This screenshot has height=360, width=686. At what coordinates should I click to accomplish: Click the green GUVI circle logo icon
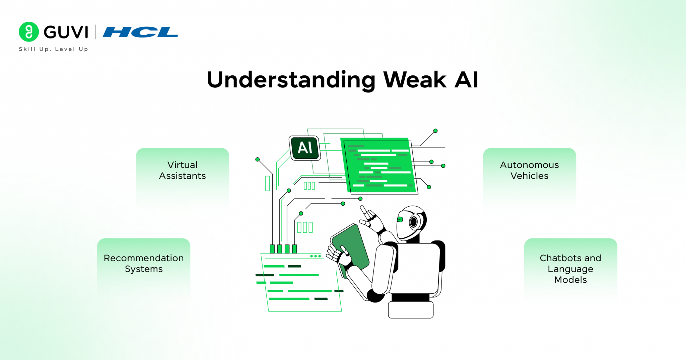click(29, 32)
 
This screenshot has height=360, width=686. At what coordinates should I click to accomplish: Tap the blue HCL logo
click(140, 32)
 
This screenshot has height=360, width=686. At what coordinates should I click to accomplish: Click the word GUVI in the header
click(66, 32)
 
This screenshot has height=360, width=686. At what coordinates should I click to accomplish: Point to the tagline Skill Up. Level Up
click(53, 49)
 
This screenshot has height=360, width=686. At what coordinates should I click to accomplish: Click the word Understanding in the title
click(291, 80)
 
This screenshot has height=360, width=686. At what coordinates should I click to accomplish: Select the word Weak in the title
click(414, 80)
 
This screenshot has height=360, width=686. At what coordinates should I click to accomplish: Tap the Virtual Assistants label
click(182, 170)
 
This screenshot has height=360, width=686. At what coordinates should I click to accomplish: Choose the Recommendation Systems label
click(144, 263)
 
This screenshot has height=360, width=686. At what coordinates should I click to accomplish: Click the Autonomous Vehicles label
click(529, 170)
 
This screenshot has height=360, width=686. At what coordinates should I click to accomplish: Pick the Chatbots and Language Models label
click(570, 269)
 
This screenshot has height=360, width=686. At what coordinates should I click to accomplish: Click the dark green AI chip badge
click(305, 148)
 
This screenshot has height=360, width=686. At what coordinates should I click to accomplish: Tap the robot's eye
click(414, 221)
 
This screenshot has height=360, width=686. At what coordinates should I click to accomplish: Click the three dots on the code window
click(315, 256)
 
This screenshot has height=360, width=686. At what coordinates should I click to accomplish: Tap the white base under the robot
click(411, 309)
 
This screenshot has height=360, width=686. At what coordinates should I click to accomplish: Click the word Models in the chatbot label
click(570, 280)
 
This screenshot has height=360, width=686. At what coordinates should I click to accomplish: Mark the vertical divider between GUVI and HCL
click(95, 32)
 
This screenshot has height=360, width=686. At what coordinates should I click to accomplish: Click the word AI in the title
click(466, 80)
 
